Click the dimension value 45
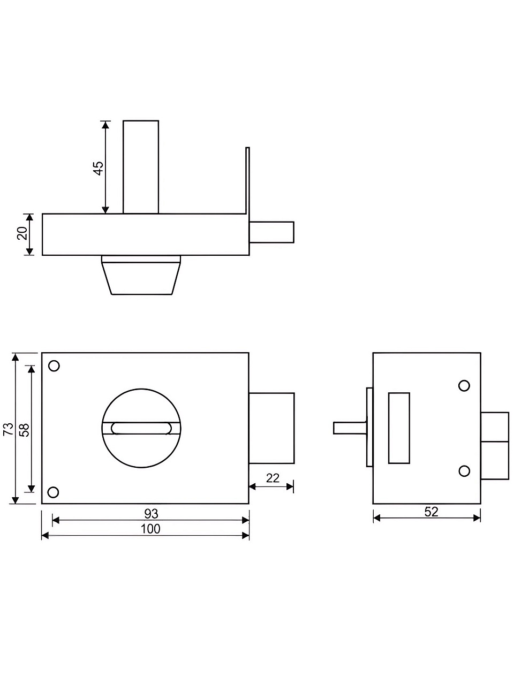(x=99, y=168)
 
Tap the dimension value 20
(x=22, y=233)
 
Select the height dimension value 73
(x=9, y=429)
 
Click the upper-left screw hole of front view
(x=54, y=366)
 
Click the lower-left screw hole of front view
(x=54, y=492)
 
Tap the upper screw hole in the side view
(x=464, y=386)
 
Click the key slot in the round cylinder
(x=141, y=429)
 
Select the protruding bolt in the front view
(x=271, y=428)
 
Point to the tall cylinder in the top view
(x=141, y=167)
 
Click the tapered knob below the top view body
(x=141, y=275)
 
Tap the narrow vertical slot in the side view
(x=399, y=428)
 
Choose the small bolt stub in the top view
(x=271, y=232)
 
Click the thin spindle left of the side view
(x=350, y=428)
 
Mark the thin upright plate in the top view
(x=247, y=201)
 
